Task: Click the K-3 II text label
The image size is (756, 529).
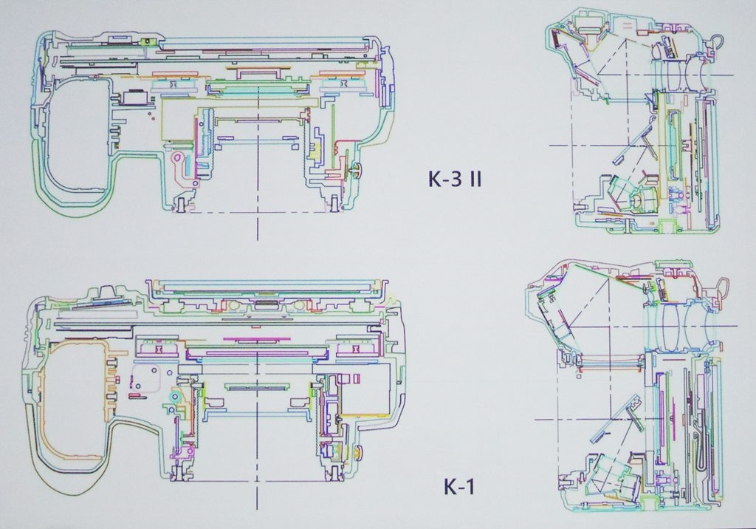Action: tap(455, 179)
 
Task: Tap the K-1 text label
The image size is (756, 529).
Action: tap(458, 486)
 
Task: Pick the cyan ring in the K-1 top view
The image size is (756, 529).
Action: tap(173, 397)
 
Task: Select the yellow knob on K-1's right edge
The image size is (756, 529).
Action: tap(358, 452)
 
